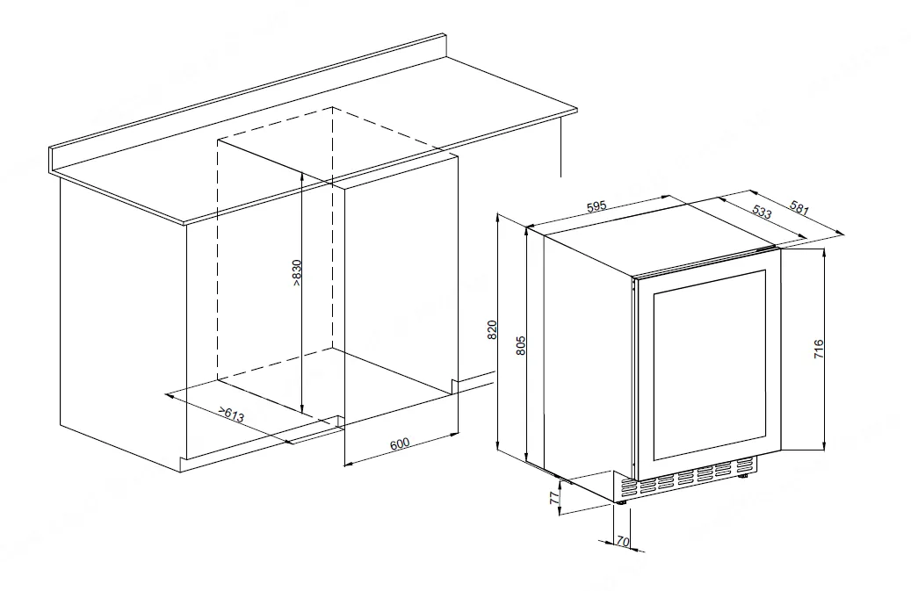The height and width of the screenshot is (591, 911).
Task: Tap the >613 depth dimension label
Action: pyautogui.click(x=231, y=414)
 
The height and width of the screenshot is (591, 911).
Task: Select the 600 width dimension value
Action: pyautogui.click(x=400, y=443)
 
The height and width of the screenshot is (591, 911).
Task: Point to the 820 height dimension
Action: pyautogui.click(x=492, y=330)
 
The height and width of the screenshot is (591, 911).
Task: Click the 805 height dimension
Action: pyautogui.click(x=521, y=345)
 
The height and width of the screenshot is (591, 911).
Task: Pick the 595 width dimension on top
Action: pyautogui.click(x=596, y=206)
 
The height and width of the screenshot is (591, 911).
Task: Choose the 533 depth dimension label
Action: pyautogui.click(x=762, y=212)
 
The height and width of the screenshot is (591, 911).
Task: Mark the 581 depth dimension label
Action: pyautogui.click(x=799, y=207)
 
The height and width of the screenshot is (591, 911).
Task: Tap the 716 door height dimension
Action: pyautogui.click(x=819, y=349)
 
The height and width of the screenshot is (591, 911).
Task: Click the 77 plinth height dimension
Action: pyautogui.click(x=555, y=497)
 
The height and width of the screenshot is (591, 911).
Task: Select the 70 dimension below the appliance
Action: pyautogui.click(x=622, y=541)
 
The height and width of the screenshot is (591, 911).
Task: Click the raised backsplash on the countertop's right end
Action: pyautogui.click(x=445, y=46)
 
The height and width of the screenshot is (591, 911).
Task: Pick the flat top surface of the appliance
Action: pyautogui.click(x=660, y=234)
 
